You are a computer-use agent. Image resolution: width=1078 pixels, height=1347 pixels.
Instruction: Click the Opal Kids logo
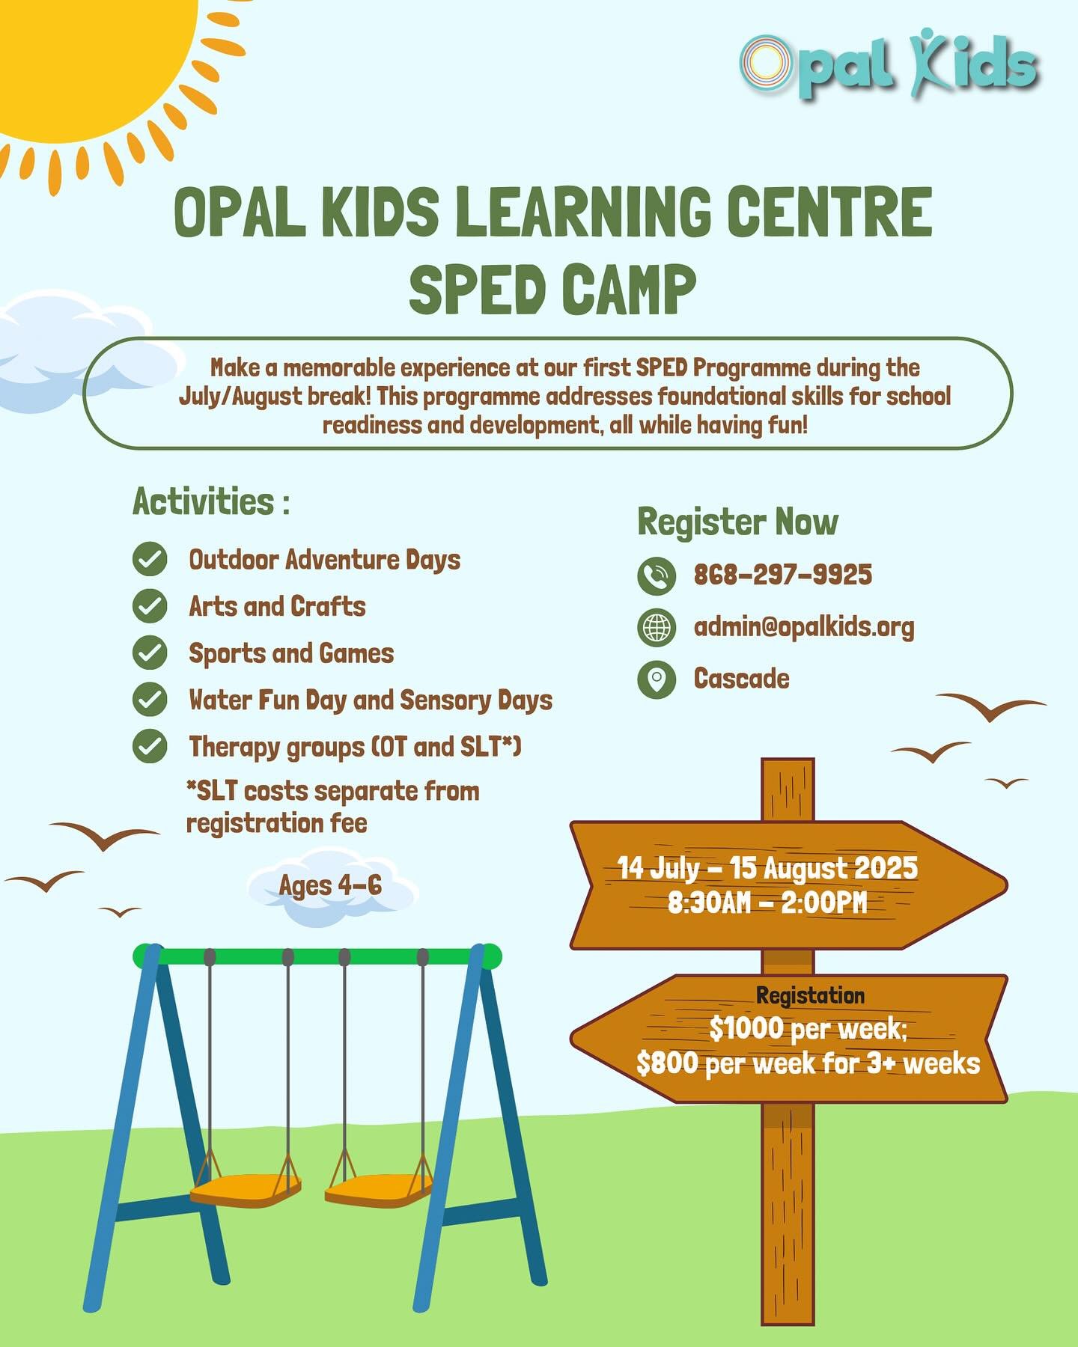coord(889,64)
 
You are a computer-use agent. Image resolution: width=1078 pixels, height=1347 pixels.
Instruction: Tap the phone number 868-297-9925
coord(783,575)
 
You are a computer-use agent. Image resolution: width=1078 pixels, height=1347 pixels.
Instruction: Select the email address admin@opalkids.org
coord(804,627)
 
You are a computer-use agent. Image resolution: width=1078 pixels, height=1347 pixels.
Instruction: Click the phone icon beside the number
coord(657,575)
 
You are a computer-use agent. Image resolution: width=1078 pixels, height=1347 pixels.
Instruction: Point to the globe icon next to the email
coord(657,627)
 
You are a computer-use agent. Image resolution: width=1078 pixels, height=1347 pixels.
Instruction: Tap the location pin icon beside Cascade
coord(657,679)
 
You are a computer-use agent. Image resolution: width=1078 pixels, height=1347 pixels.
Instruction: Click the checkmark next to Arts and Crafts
coord(150,606)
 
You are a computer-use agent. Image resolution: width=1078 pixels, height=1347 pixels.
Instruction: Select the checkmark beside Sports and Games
coord(150,653)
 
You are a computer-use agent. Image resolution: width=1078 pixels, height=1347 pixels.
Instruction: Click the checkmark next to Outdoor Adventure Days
coord(150,559)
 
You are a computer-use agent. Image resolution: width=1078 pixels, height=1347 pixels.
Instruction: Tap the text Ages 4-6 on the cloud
coord(330,885)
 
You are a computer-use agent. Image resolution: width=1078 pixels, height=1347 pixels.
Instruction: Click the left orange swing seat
coord(245,1189)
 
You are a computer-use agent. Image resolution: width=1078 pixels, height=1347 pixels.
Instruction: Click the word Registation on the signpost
coord(810,996)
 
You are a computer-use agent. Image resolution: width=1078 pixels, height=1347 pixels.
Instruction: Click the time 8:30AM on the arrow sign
coord(709,902)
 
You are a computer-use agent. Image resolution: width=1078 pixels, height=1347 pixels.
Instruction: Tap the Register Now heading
coord(737,522)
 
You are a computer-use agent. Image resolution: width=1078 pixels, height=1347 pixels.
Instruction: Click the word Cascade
coord(741,679)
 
